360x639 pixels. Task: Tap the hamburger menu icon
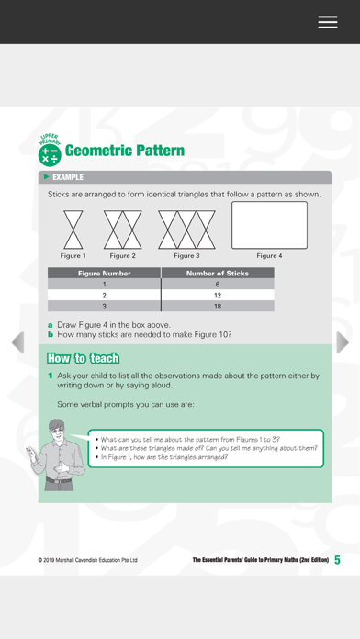point(328,22)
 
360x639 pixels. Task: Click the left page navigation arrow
point(18,342)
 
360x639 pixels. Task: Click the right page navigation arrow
point(343,342)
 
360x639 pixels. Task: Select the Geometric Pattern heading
point(124,151)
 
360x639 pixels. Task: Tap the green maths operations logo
point(50,155)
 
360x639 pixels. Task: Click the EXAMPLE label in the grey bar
point(68,177)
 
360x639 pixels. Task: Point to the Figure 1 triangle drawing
point(73,230)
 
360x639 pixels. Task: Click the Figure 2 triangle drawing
point(123,230)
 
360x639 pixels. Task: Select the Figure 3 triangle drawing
point(186,230)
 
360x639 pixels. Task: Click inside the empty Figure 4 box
point(269,225)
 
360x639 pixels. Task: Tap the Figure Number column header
point(105,273)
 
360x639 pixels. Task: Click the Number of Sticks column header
point(218,273)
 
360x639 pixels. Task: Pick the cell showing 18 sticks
point(218,306)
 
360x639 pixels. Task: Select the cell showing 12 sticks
point(218,295)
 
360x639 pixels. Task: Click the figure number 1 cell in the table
point(105,284)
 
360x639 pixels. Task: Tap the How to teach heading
point(84,358)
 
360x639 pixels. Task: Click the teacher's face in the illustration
point(56,432)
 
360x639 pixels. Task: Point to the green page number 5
point(337,560)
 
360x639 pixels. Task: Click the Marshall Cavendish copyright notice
point(87,560)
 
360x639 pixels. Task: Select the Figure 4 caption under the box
point(269,256)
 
